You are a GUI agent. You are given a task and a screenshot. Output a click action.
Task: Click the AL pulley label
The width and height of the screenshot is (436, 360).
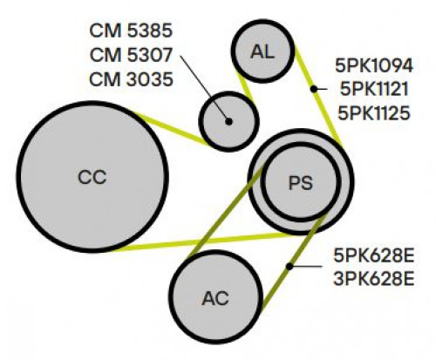262,52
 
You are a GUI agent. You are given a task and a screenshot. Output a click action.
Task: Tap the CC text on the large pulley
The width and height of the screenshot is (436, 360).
92,177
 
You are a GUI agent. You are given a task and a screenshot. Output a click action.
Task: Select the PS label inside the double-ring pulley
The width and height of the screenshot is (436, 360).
301,183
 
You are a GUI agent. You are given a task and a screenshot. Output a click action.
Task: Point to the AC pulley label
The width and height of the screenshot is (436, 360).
215,298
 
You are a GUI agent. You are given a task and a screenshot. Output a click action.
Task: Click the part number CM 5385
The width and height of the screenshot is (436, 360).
131,31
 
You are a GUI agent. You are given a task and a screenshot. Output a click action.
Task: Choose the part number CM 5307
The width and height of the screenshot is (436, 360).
131,55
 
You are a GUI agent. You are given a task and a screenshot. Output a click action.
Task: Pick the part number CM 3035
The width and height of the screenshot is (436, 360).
131,79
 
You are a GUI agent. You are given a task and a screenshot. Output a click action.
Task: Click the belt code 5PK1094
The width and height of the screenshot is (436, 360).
374,65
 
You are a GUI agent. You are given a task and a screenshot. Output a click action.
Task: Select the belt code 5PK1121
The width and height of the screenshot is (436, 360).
374,89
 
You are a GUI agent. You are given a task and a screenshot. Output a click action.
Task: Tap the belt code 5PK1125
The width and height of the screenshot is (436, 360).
374,112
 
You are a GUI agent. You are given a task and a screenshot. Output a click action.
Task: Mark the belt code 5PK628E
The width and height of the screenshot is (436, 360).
374,256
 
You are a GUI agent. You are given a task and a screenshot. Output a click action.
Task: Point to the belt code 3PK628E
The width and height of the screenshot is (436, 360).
374,279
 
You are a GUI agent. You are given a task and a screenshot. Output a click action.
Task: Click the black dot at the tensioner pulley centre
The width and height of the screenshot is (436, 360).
229,122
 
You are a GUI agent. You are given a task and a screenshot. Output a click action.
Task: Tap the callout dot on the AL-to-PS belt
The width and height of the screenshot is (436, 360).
314,89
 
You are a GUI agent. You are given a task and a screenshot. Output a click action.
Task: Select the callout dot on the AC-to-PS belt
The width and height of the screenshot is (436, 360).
290,266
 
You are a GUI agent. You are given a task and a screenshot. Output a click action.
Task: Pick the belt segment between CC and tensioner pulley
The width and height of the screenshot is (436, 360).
172,129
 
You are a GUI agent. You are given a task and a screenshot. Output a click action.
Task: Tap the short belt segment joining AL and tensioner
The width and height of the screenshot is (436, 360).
246,86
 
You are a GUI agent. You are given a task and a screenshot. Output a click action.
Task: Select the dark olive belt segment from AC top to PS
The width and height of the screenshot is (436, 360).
226,212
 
